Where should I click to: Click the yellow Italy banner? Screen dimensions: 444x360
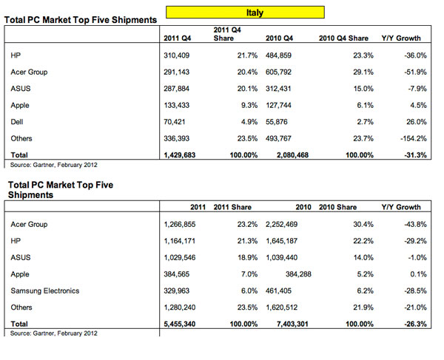245,13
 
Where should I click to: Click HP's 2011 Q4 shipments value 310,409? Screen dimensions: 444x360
176,55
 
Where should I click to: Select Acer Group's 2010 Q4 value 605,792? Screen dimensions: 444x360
278,72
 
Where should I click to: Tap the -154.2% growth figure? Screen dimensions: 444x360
414,138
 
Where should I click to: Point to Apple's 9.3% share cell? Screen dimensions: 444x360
249,106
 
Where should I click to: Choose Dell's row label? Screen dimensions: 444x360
17,122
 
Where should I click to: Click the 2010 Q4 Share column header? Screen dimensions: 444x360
343,38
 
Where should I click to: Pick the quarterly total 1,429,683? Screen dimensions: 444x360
180,155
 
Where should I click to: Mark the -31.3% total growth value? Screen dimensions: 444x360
415,155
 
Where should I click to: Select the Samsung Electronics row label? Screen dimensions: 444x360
45,291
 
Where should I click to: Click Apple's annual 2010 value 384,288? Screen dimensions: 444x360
298,274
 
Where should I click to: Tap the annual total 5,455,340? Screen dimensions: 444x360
180,324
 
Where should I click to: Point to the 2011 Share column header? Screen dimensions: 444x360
232,207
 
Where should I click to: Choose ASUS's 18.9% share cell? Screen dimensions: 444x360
247,258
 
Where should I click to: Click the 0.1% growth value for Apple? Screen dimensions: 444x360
418,274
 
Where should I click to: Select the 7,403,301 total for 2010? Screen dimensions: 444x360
292,324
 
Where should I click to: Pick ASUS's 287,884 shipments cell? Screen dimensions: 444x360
176,89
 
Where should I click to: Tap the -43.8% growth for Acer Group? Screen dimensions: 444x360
415,224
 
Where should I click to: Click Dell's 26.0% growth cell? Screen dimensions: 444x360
417,122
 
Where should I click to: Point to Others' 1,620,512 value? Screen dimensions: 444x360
281,308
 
